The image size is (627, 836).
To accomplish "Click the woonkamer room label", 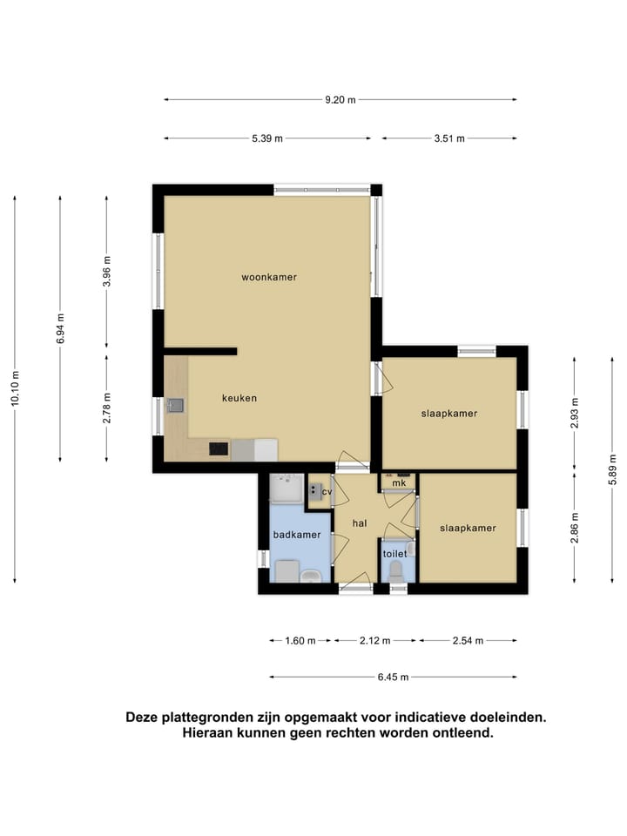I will [269, 277].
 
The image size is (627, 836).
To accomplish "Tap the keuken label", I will [239, 398].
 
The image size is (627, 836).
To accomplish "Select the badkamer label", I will [296, 535].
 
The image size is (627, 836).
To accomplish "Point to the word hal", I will [359, 522].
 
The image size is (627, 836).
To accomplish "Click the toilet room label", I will [394, 553].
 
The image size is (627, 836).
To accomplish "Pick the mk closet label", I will [400, 482].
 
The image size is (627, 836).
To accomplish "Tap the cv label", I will [327, 492].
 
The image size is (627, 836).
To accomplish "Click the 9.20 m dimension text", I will [340, 99].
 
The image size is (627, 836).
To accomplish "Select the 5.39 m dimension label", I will [267, 138].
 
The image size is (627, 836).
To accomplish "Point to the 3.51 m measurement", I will [448, 138].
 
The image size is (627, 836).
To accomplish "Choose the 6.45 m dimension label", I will [393, 677].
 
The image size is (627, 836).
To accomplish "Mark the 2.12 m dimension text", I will [375, 641].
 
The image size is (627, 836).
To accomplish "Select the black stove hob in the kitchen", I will [219, 449].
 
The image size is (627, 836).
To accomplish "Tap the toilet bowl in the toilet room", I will [397, 572].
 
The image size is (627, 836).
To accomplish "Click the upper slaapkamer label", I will [448, 414].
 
